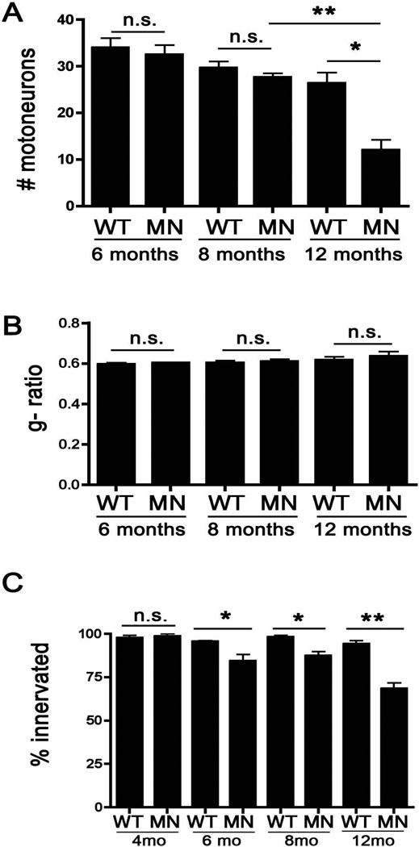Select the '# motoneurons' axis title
tap(32, 113)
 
